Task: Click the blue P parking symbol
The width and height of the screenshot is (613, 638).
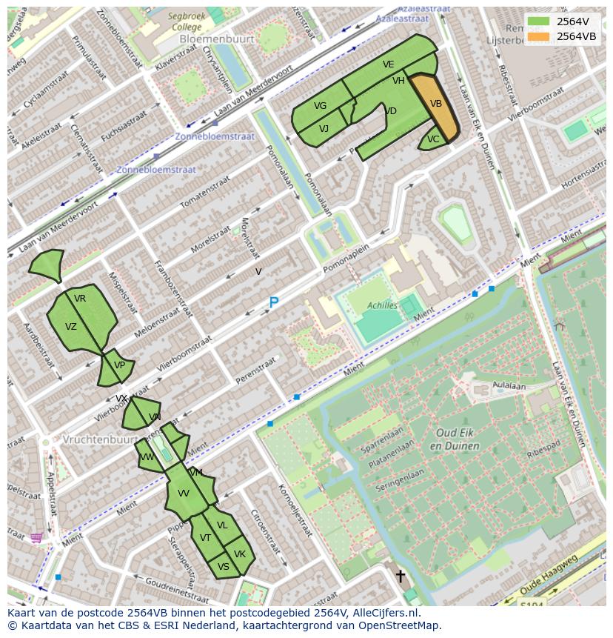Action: click(273, 303)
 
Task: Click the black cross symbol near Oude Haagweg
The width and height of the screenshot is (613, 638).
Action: click(401, 576)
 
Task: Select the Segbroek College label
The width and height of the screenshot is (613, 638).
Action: click(184, 21)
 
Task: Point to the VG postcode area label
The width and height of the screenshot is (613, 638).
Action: click(320, 106)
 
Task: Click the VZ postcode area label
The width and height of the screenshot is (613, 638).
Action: click(71, 327)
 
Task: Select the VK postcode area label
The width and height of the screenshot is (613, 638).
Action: click(239, 554)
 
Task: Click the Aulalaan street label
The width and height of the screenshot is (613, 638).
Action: click(509, 386)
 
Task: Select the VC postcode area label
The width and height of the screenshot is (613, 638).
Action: click(433, 139)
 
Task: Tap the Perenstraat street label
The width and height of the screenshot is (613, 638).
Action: click(255, 370)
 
